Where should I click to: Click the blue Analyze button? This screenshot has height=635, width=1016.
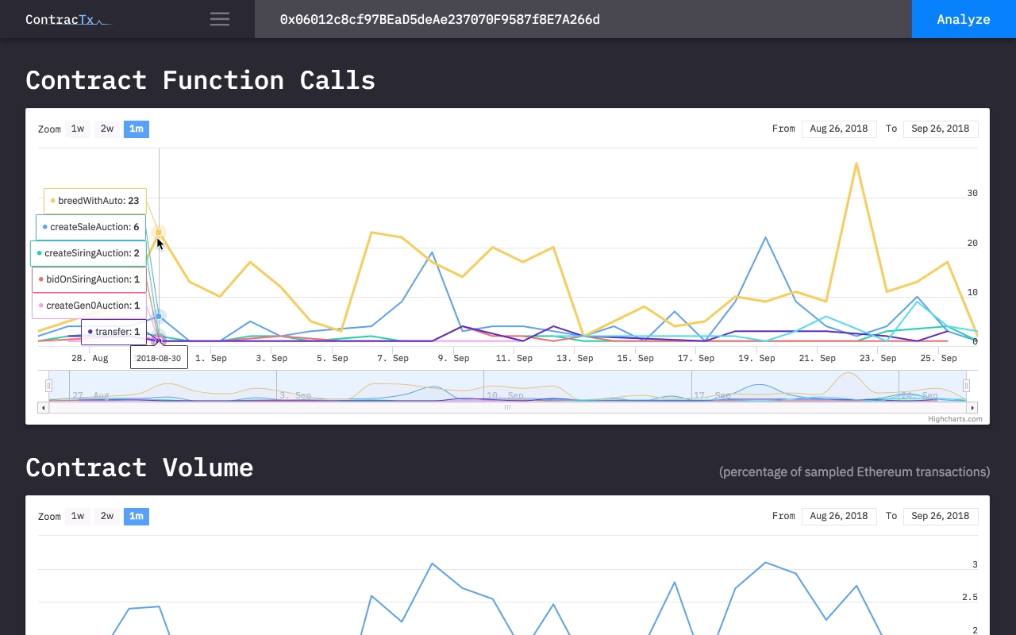963,19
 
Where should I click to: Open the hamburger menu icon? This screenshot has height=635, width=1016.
220,19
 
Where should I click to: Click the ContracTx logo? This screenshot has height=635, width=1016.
67,19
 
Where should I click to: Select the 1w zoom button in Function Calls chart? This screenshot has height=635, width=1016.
77,129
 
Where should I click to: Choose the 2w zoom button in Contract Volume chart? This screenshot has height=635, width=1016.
106,516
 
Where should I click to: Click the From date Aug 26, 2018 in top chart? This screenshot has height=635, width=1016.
839,129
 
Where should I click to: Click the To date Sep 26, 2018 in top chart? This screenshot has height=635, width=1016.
941,129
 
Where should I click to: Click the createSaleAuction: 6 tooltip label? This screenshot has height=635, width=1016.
91,227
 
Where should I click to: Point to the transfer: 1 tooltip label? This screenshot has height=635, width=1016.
114,332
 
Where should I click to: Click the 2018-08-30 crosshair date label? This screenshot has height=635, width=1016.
159,358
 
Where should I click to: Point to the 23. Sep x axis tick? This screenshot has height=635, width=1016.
878,358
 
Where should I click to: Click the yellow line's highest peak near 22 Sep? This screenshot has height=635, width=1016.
856,164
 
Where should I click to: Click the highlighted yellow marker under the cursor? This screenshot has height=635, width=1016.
159,233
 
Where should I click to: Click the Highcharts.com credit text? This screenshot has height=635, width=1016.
955,419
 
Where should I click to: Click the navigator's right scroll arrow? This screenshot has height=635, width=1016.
973,407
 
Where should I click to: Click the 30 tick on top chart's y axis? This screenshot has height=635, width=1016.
972,193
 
